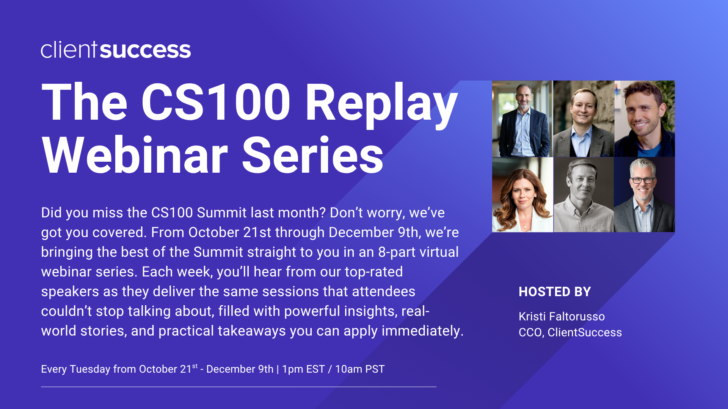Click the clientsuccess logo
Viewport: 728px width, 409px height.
click(116, 50)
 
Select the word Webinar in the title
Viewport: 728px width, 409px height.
click(135, 155)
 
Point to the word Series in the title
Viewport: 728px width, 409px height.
click(313, 155)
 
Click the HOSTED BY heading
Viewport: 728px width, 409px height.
click(555, 292)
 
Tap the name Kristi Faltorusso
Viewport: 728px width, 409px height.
click(562, 316)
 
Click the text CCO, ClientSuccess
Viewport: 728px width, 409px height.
click(570, 332)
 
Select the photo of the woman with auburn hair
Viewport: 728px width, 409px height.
click(522, 195)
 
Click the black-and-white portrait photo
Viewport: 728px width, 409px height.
click(584, 195)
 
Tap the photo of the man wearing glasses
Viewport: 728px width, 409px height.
click(645, 195)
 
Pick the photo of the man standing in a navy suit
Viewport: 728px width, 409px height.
click(522, 119)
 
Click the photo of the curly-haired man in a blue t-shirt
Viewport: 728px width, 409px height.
click(645, 119)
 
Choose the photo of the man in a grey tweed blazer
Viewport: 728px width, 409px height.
click(584, 119)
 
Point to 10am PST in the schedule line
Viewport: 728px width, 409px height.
click(360, 369)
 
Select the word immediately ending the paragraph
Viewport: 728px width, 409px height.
click(422, 331)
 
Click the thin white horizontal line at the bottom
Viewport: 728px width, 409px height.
click(239, 387)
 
